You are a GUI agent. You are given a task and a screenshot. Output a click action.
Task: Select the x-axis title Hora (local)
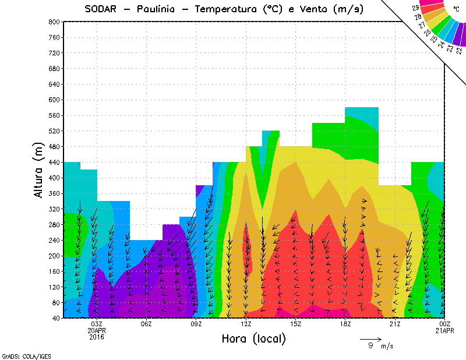[x=253, y=338]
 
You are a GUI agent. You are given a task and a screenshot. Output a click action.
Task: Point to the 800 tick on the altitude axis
[x=54, y=22]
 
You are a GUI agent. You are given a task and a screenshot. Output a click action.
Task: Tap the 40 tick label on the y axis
[x=55, y=318]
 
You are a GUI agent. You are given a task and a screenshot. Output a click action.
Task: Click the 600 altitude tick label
[x=54, y=100]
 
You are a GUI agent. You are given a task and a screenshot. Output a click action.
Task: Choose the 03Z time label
[x=97, y=324]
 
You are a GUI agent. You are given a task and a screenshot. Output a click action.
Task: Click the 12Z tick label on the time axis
[x=246, y=324]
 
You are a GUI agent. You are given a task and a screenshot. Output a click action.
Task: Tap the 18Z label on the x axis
[x=345, y=324]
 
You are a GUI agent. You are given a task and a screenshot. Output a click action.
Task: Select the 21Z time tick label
[x=395, y=324]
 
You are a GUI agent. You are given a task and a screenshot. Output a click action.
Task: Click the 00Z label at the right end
[x=445, y=324]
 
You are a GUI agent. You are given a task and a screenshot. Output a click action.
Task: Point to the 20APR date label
[x=97, y=330]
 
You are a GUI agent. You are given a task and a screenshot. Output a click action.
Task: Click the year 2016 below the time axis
[x=97, y=337]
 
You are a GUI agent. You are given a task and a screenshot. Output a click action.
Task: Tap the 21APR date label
[x=445, y=330]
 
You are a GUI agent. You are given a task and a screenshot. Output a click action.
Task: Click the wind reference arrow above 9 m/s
[x=370, y=338]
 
